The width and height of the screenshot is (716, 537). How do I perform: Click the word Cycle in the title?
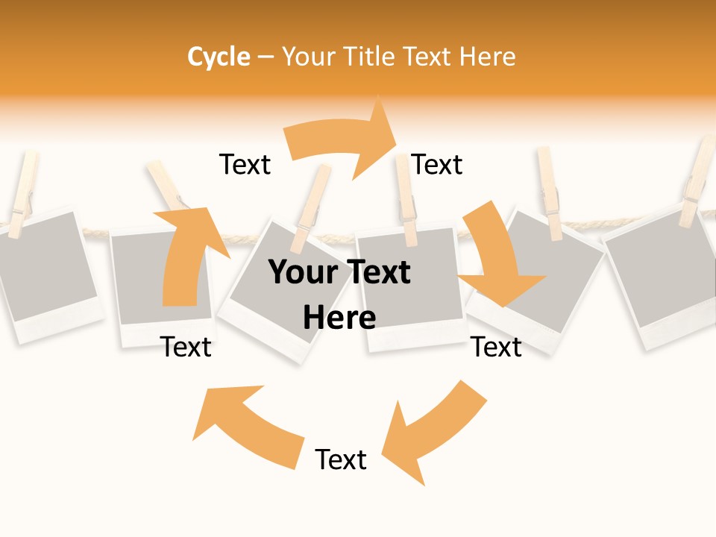click(x=219, y=57)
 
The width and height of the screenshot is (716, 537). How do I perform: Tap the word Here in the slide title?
click(x=486, y=57)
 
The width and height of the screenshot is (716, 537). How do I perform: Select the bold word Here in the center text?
click(x=339, y=318)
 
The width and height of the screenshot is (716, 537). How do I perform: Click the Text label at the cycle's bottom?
click(x=341, y=459)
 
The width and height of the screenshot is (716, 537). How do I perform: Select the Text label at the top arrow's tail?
click(x=245, y=165)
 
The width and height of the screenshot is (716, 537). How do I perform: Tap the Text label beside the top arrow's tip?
click(x=437, y=165)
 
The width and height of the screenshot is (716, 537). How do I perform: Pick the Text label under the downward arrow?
click(x=496, y=347)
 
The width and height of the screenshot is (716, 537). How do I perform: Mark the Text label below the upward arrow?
click(x=186, y=347)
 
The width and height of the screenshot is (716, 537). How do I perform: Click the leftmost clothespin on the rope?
click(x=22, y=190)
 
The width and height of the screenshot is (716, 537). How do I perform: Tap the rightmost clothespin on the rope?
click(x=697, y=183)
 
